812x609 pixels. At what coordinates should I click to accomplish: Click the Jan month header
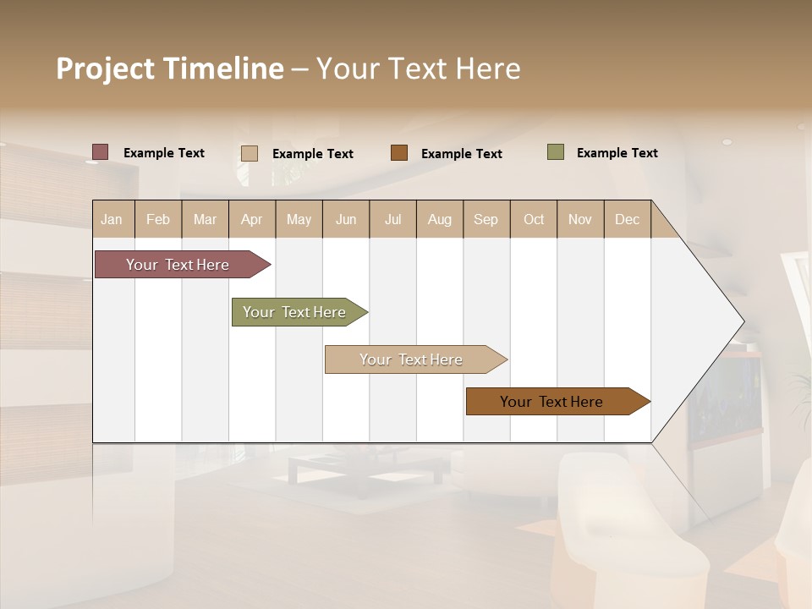tap(112, 219)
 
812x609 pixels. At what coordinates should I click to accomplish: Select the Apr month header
tap(252, 219)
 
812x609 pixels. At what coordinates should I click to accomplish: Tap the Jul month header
tap(392, 219)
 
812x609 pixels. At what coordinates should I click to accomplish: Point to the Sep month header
tap(486, 219)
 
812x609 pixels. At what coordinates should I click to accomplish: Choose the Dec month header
tap(627, 219)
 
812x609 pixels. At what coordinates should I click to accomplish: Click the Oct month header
tap(533, 219)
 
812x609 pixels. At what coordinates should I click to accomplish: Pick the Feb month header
tap(158, 219)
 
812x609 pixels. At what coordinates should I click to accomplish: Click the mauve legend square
tap(101, 152)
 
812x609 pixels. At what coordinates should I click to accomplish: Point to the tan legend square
tap(250, 153)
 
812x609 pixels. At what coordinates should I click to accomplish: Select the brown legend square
tap(399, 153)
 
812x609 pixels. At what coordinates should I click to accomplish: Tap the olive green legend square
tap(556, 152)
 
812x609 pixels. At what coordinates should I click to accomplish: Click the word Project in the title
tap(105, 69)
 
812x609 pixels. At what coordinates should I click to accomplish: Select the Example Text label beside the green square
tap(617, 153)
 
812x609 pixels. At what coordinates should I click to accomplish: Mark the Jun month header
tap(346, 219)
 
